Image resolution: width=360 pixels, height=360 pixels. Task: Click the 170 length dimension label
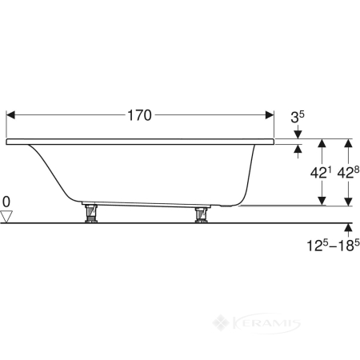tap(139, 115)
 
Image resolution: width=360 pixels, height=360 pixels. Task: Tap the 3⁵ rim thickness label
tap(298, 117)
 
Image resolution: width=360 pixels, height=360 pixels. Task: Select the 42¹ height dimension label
tap(321, 174)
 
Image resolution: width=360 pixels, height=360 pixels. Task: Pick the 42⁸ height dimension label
tap(348, 173)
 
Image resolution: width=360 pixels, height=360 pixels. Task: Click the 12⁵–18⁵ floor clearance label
tap(333, 246)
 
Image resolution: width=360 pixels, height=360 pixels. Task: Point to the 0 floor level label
tap(6, 202)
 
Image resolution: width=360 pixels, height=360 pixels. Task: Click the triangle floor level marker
tap(6, 217)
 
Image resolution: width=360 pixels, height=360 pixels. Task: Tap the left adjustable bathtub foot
tap(90, 213)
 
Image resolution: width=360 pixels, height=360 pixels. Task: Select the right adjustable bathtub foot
tap(202, 214)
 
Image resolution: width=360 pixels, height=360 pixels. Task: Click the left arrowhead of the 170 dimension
tap(10, 115)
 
